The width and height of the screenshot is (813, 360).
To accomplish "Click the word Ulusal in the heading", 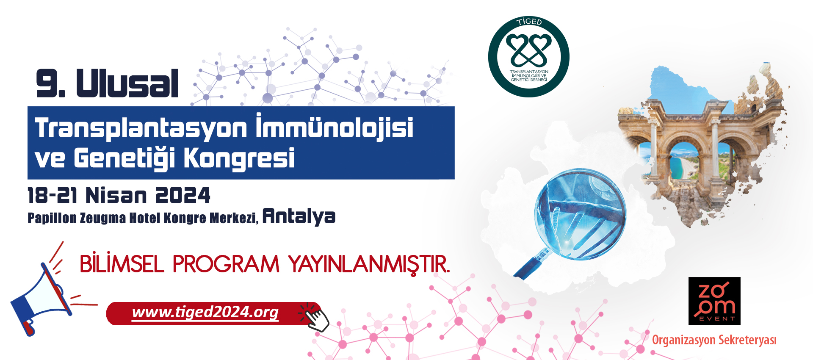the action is click(127, 83).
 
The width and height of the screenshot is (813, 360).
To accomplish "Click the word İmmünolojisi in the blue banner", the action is click(335, 127).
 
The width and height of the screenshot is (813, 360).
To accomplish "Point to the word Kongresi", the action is click(239, 159).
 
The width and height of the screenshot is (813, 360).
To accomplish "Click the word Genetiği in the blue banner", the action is click(124, 158).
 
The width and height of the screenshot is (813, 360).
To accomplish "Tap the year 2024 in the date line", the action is click(183, 195).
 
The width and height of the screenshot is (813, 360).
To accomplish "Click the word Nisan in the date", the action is click(116, 195).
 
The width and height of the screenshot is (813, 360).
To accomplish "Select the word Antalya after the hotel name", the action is click(299, 216).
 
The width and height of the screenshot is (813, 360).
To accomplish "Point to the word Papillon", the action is click(52, 218).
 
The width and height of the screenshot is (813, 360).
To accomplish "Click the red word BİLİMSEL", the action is click(122, 264).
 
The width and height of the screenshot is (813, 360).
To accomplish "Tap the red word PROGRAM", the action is click(226, 264).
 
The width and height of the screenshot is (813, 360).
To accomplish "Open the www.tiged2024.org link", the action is click(205, 312).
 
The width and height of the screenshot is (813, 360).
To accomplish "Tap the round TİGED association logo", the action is click(528, 57).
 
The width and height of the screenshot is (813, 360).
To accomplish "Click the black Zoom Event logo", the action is click(714, 301).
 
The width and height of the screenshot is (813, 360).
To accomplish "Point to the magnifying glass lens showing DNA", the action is click(580, 214).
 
